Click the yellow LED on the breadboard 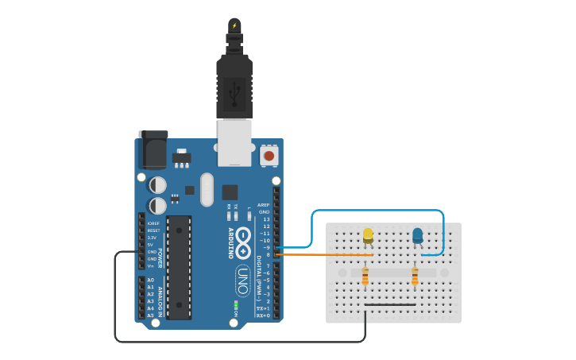368,235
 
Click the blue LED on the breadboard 417,235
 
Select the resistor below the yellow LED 365,277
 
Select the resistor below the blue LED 415,277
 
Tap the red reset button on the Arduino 269,156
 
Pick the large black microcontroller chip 179,267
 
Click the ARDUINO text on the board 231,242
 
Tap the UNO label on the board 242,281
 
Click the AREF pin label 264,205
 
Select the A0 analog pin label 150,280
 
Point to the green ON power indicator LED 236,304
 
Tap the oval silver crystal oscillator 207,189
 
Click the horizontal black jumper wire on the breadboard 389,304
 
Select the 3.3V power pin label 152,238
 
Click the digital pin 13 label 266,219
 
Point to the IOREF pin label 153,223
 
